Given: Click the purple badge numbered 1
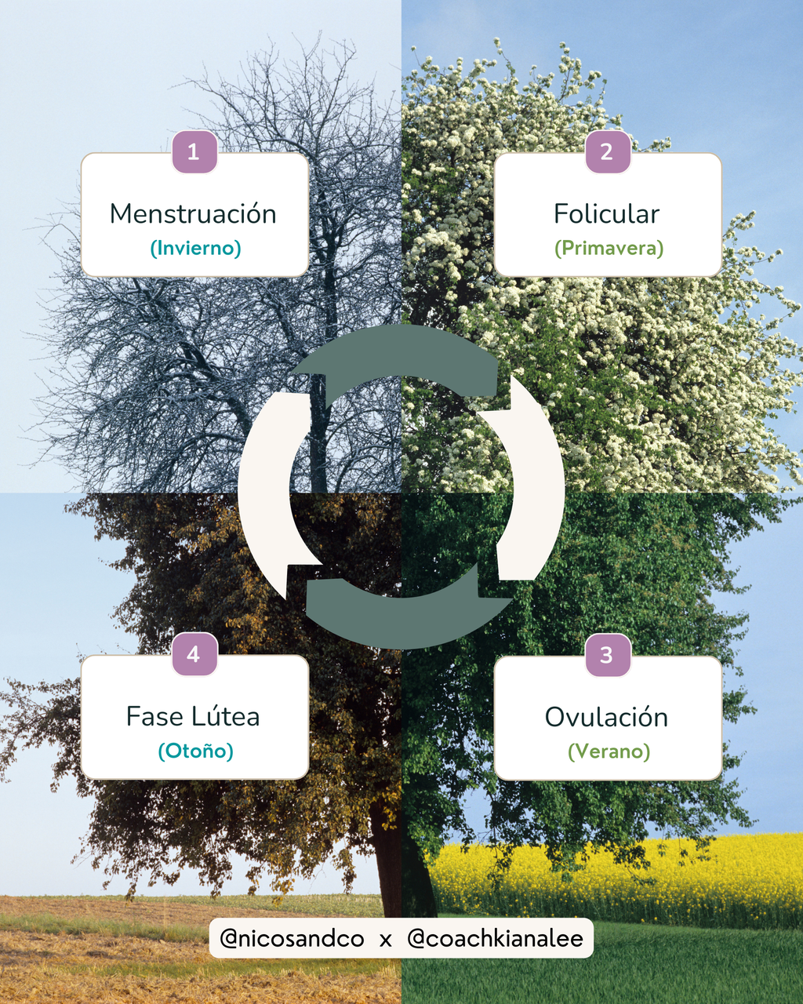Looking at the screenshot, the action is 194,151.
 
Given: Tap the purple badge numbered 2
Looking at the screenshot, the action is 608,151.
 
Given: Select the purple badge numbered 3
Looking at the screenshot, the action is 608,654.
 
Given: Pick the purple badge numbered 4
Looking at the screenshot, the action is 194,653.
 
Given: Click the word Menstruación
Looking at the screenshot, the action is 193,213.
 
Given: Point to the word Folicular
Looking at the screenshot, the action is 607,213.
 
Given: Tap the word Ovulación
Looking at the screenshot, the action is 607,717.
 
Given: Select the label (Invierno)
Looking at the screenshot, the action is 195,248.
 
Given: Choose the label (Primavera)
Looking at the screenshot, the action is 609,248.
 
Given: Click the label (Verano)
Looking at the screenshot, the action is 609,751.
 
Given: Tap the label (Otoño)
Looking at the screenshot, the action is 195,751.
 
